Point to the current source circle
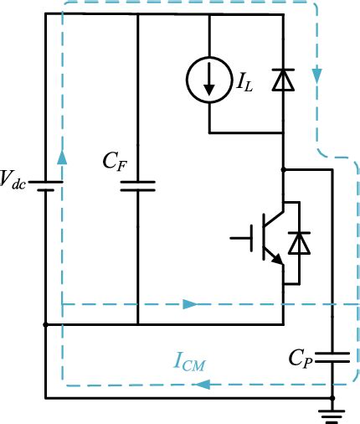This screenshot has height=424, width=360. (x=208, y=81)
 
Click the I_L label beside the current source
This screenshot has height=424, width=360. (x=244, y=82)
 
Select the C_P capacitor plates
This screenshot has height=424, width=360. (x=333, y=356)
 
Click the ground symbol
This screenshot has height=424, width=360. (x=333, y=411)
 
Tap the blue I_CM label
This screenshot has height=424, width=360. (x=192, y=363)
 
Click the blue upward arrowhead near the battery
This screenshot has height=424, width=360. (x=61, y=158)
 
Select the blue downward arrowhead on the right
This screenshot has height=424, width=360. (x=317, y=76)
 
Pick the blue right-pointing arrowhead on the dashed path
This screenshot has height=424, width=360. (x=191, y=303)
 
